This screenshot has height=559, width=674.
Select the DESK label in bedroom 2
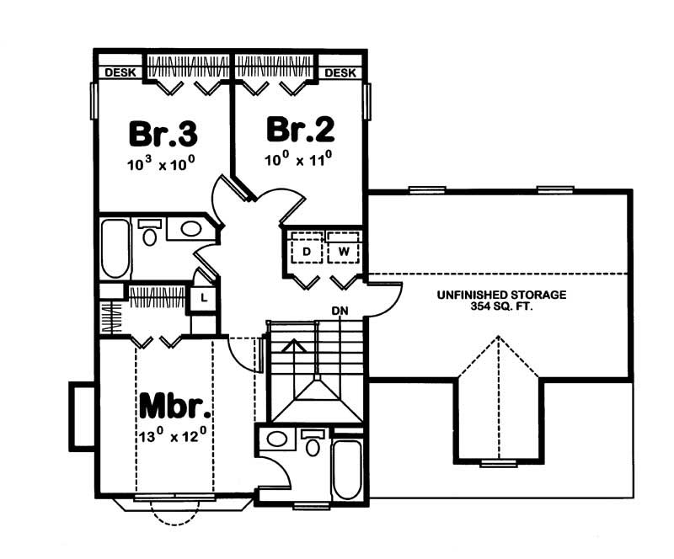[340, 73]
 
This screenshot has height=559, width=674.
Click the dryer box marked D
[307, 251]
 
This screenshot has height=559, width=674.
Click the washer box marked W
[344, 251]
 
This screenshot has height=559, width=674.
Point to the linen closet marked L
[204, 297]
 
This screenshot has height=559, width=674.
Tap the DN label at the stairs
[340, 311]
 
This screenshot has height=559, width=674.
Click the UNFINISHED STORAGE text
[500, 295]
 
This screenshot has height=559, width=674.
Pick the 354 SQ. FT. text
[500, 308]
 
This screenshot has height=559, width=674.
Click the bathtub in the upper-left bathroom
[115, 248]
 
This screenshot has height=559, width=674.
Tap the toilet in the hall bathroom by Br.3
[150, 234]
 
